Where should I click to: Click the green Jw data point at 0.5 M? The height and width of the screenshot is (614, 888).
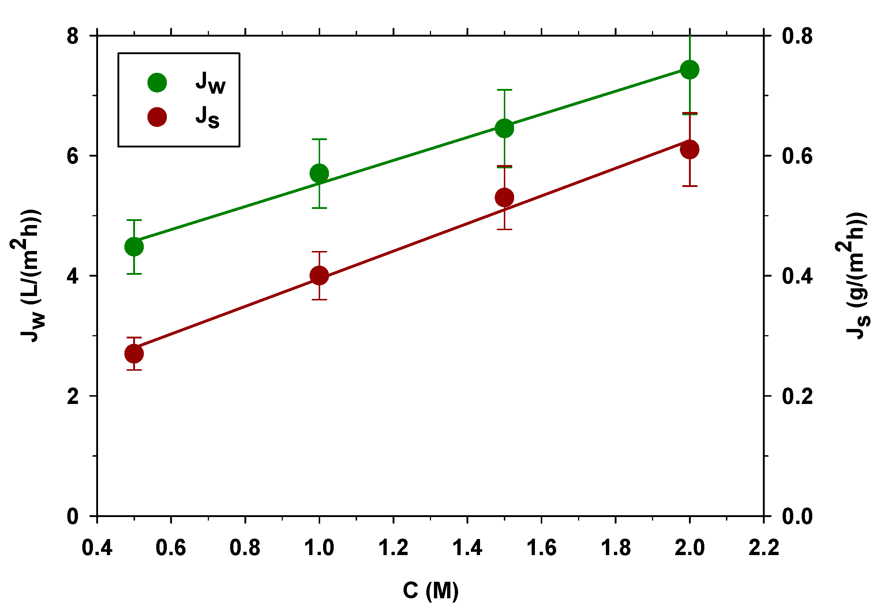[x=134, y=247]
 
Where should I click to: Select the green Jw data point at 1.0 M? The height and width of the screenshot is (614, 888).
[x=319, y=173]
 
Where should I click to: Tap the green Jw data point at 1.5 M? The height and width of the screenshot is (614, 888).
[x=504, y=128]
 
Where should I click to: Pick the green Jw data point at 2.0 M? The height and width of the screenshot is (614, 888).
[x=689, y=70]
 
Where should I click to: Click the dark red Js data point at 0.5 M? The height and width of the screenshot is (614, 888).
[x=134, y=353]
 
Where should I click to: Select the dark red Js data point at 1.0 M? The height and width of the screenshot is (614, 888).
[x=319, y=276]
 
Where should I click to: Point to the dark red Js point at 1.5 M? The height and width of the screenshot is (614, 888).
[x=504, y=198]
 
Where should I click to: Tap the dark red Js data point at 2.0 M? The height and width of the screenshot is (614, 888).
[x=689, y=149]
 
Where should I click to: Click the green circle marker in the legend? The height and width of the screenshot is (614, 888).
[x=157, y=83]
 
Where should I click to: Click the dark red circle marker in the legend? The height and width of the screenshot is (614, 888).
[x=157, y=117]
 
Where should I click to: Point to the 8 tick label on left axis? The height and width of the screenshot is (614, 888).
[x=73, y=36]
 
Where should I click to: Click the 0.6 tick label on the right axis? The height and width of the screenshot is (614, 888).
[x=798, y=156]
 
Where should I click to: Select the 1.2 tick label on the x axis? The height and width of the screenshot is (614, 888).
[x=393, y=548]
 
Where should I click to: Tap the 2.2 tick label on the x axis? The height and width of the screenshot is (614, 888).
[x=763, y=548]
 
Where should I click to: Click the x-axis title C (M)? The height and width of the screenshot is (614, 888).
[x=430, y=591]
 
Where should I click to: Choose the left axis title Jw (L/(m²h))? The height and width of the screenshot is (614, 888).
[x=29, y=276]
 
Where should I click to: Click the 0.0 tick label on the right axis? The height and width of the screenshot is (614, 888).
[x=798, y=516]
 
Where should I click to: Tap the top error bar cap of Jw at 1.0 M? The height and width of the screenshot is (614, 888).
[x=319, y=139]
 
